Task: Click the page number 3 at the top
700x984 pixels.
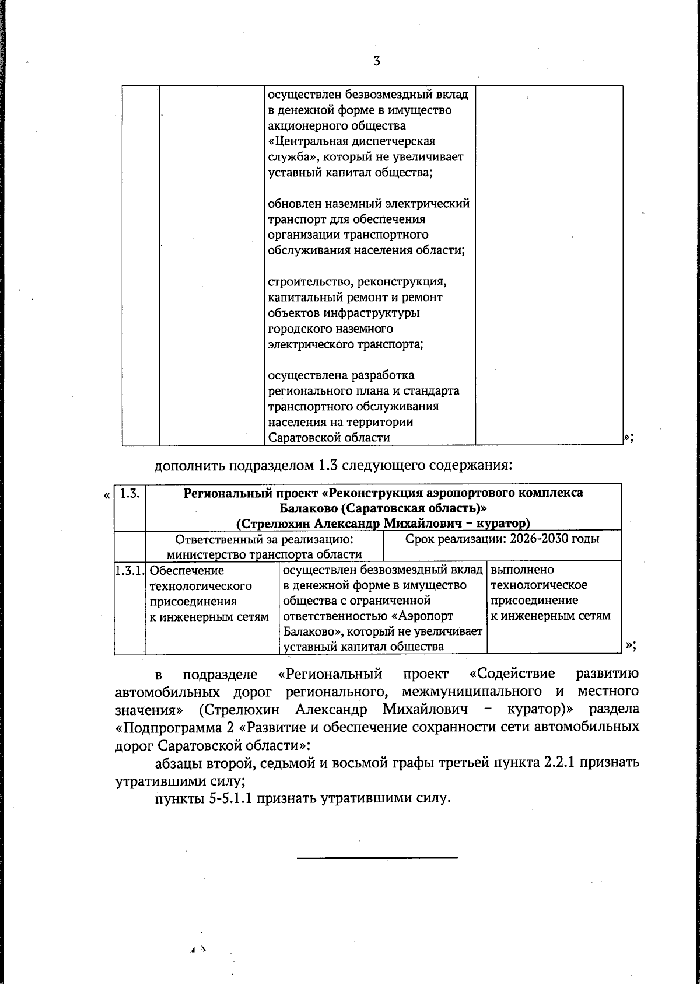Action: pos(376,61)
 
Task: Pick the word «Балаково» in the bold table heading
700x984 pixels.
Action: pos(306,508)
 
